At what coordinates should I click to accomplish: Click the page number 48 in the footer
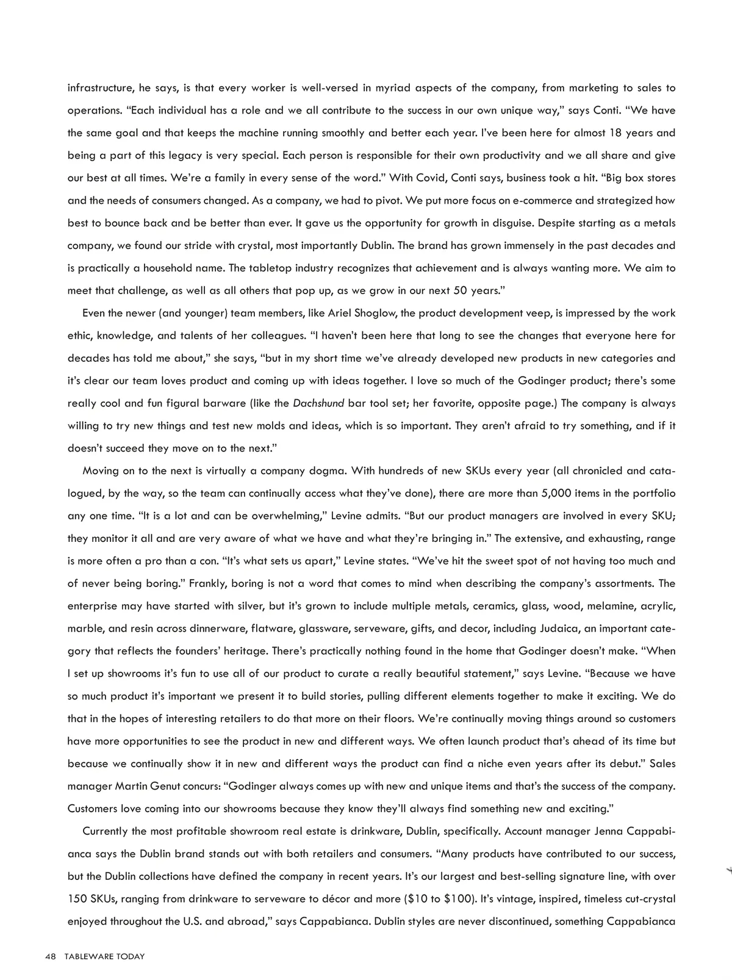(x=51, y=956)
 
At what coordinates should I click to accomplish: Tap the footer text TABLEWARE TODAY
(x=104, y=956)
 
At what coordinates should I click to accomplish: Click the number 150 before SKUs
(x=77, y=899)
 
